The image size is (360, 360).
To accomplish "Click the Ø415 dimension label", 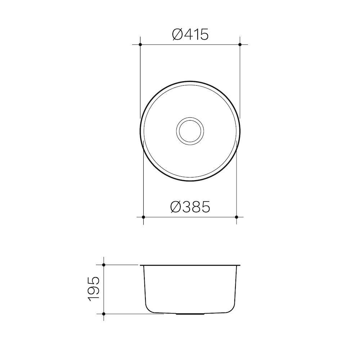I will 190,35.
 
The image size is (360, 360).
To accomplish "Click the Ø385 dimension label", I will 190,207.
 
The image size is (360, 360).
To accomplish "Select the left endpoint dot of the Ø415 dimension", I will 140,44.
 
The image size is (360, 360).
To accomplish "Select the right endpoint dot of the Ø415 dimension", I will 240,44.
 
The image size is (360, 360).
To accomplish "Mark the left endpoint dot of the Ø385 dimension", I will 143,217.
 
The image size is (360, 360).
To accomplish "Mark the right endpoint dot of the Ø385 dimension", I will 236,217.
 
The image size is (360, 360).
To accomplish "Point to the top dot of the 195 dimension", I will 104,265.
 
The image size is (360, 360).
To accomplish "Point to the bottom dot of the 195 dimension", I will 104,314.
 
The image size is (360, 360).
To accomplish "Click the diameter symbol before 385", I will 177,207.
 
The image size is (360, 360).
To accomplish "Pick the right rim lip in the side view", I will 238,266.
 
